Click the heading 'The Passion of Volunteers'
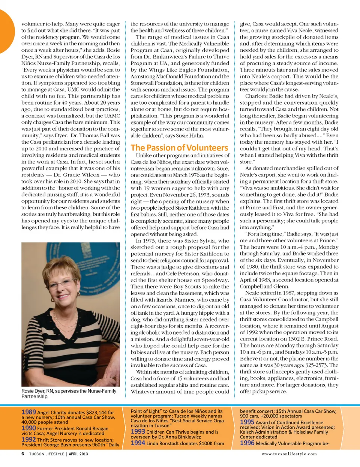[x=179, y=148]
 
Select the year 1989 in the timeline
[x=28, y=412]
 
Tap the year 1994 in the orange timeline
[x=138, y=443]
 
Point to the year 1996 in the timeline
[x=247, y=443]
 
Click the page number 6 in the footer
[x=23, y=454]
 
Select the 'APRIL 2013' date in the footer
[x=78, y=454]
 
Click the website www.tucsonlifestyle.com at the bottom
[x=289, y=454]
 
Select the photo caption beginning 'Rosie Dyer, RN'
[x=69, y=393]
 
